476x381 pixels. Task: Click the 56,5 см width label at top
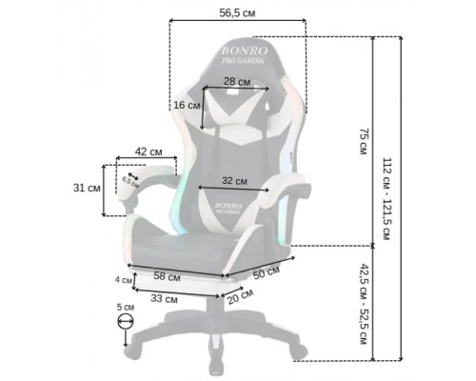pyautogui.click(x=237, y=13)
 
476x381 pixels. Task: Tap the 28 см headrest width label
pyautogui.click(x=237, y=82)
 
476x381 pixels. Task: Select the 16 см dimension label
pyautogui.click(x=187, y=105)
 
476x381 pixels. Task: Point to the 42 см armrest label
pyautogui.click(x=149, y=151)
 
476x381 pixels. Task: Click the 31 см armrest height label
pyautogui.click(x=87, y=188)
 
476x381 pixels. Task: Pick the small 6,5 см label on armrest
pyautogui.click(x=130, y=182)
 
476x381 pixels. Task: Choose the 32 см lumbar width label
pyautogui.click(x=234, y=181)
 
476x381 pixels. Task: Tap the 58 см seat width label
pyautogui.click(x=167, y=276)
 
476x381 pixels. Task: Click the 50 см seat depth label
pyautogui.click(x=267, y=272)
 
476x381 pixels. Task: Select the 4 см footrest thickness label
pyautogui.click(x=124, y=280)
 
